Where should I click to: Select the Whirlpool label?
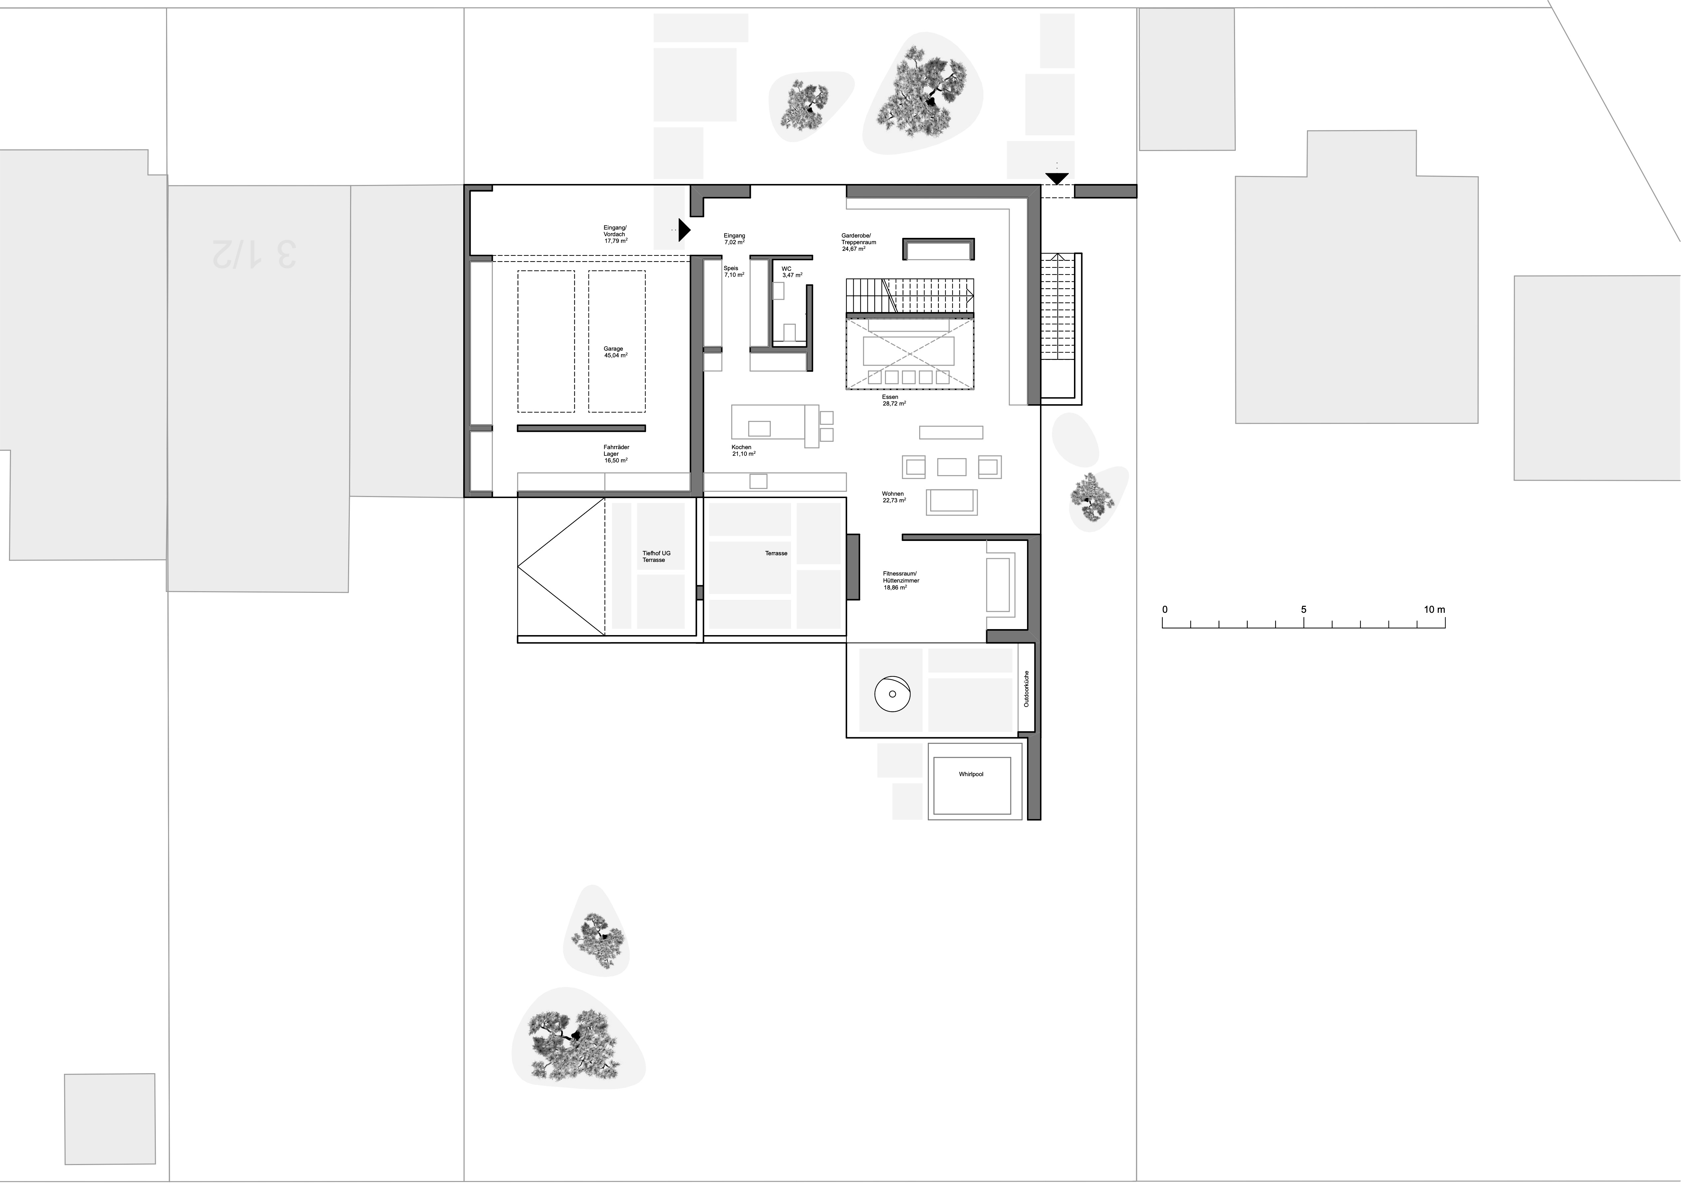click(x=971, y=774)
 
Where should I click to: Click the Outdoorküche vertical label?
click(x=1026, y=688)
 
